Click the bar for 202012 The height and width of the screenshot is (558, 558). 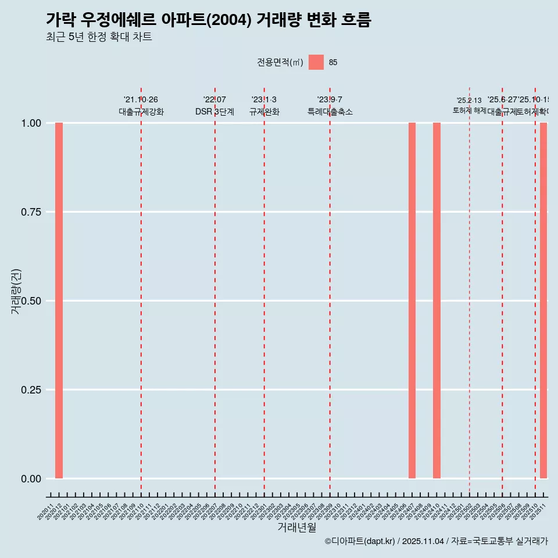click(x=59, y=301)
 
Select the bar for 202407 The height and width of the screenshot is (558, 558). click(x=412, y=301)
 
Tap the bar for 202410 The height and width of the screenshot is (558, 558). click(x=437, y=301)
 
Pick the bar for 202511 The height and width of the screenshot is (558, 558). click(x=543, y=301)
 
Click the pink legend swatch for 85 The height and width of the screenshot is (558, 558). click(x=316, y=62)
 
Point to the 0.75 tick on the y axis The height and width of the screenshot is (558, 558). click(x=31, y=212)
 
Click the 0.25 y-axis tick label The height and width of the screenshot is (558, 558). click(x=31, y=390)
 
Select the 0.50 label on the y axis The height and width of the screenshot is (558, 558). click(x=31, y=301)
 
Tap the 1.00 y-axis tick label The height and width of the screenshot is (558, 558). click(x=31, y=123)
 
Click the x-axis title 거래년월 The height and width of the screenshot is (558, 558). click(x=296, y=527)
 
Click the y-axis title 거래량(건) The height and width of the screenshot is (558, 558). click(x=16, y=292)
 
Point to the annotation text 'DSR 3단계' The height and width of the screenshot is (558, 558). click(x=214, y=112)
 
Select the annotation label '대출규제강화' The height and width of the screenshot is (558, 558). click(x=141, y=112)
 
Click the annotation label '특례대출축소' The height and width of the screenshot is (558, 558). click(x=330, y=112)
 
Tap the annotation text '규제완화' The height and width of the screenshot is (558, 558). click(x=264, y=112)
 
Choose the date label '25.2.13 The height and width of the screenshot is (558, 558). click(x=469, y=101)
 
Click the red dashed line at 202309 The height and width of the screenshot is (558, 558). click(x=330, y=291)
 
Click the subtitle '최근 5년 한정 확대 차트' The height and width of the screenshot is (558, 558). click(x=99, y=37)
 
